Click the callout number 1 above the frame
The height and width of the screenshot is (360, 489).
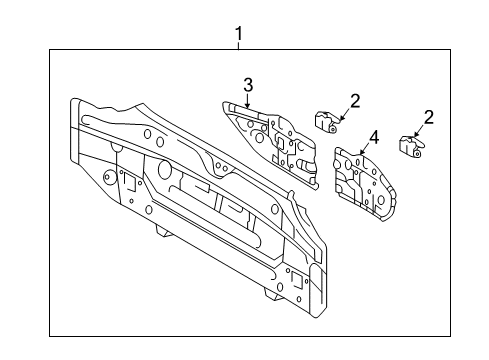(238, 34)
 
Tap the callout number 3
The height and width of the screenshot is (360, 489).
(248, 85)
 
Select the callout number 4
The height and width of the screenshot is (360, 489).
(374, 137)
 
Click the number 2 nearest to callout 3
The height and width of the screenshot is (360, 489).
(355, 101)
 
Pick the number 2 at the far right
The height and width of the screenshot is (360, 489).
(429, 117)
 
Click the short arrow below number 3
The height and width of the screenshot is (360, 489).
(247, 101)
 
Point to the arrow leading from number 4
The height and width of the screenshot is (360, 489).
(364, 149)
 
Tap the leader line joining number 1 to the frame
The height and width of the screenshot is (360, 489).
(238, 46)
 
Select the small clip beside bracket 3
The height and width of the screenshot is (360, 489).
(326, 122)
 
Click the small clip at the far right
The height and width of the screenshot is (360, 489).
(410, 146)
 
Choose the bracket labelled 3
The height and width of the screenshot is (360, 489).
(270, 145)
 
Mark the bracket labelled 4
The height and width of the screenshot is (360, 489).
(365, 184)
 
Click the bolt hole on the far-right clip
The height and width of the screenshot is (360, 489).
(417, 153)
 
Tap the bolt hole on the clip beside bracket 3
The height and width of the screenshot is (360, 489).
(333, 129)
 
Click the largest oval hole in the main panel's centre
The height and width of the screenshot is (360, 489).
(164, 169)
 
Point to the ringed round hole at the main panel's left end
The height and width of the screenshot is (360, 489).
(108, 176)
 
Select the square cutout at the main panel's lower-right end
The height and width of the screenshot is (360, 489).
(296, 280)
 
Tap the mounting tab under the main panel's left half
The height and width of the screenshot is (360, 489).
(164, 231)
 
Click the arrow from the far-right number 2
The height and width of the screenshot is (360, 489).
(419, 131)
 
